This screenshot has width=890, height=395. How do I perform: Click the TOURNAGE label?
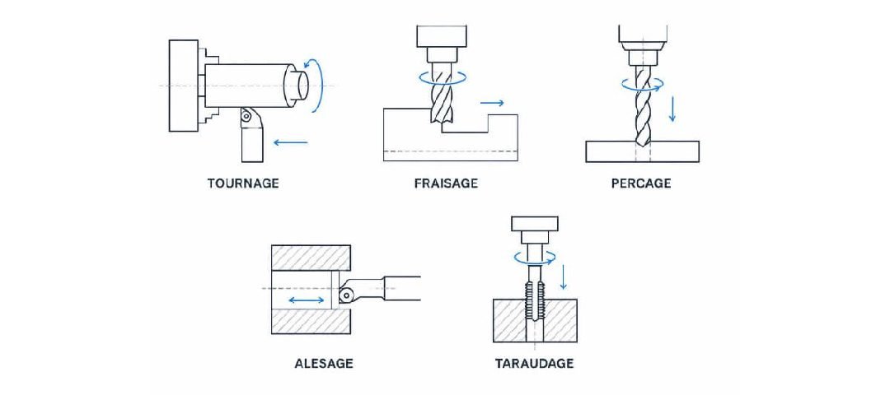pyautogui.click(x=243, y=184)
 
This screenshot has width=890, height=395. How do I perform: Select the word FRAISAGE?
pyautogui.click(x=446, y=184)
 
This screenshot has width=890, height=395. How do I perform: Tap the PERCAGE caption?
pyautogui.click(x=641, y=184)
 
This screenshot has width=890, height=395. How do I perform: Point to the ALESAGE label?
pyautogui.click(x=324, y=363)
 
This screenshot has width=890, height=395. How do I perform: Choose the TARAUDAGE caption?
pyautogui.click(x=534, y=363)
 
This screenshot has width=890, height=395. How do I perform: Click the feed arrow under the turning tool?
pyautogui.click(x=291, y=142)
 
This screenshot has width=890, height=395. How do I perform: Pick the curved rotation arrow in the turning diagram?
pyautogui.click(x=318, y=85)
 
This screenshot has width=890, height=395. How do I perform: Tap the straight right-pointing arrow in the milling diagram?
pyautogui.click(x=491, y=103)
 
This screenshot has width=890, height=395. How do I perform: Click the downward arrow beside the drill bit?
pyautogui.click(x=672, y=109)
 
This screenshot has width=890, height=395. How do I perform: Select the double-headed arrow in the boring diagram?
pyautogui.click(x=307, y=300)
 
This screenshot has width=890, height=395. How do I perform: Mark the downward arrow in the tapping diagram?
pyautogui.click(x=564, y=276)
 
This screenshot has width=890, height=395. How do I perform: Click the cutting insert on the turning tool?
pyautogui.click(x=246, y=115)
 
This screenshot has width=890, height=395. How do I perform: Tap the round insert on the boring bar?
pyautogui.click(x=345, y=295)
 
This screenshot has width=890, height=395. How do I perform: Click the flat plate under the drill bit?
pyautogui.click(x=642, y=151)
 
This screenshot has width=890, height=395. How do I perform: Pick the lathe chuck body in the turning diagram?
pyautogui.click(x=183, y=86)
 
